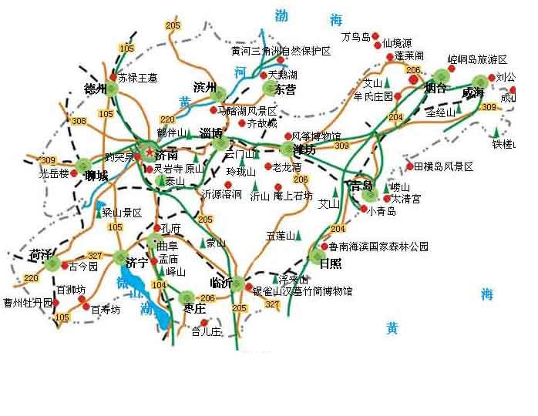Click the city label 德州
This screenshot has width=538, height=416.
point(94,89)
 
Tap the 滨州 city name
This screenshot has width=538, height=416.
point(206,86)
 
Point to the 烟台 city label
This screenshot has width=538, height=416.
point(435,88)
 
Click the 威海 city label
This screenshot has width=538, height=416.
point(473,92)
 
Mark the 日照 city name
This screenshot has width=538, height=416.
point(330,262)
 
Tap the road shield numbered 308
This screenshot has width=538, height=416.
point(79,121)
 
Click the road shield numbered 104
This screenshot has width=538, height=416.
point(160,285)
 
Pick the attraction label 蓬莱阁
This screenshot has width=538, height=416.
point(409,56)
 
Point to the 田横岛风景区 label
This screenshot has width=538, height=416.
point(443,166)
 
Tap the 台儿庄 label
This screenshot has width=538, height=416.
point(206,332)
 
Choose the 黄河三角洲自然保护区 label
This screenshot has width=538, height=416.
point(281,52)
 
